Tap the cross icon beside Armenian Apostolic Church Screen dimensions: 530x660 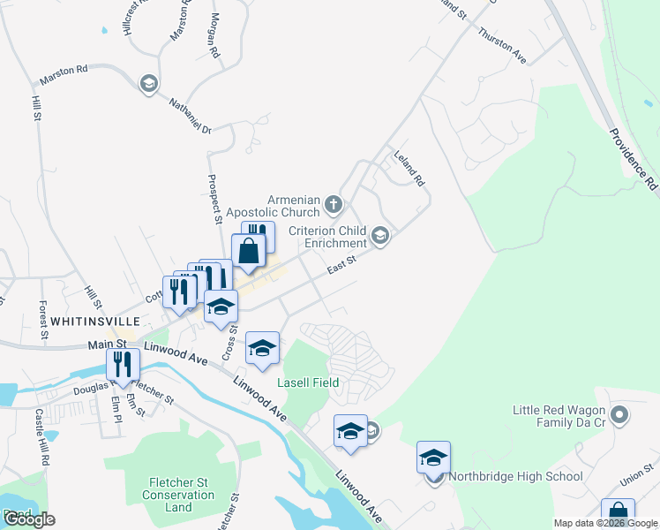tap(333, 205)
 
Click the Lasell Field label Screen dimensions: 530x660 tap(309, 382)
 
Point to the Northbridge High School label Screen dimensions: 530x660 tap(515, 477)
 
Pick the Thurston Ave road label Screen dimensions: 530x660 tap(502, 45)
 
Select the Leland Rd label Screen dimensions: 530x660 tap(409, 166)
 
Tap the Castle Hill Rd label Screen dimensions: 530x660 tap(41, 437)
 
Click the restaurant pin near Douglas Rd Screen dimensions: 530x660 tap(124, 366)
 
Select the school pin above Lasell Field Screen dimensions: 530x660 tap(263, 350)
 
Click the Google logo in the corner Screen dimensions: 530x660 tap(28, 519)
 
